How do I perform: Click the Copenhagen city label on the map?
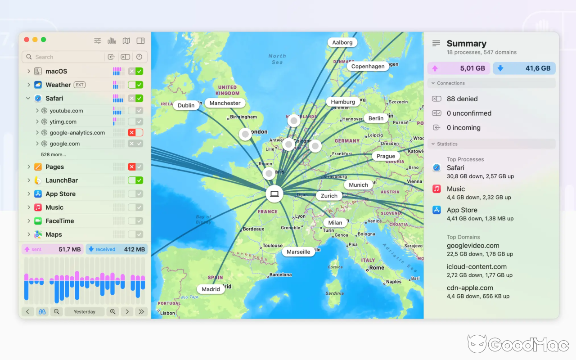click(x=368, y=66)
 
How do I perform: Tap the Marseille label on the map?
click(x=298, y=252)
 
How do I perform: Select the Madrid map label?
click(x=211, y=289)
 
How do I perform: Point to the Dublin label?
click(x=186, y=105)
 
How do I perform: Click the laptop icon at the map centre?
click(x=274, y=194)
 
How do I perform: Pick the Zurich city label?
click(x=329, y=196)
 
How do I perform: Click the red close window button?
click(x=27, y=40)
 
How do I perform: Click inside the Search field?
click(x=63, y=57)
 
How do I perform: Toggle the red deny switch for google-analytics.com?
click(x=135, y=133)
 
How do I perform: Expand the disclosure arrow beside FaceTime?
click(x=28, y=221)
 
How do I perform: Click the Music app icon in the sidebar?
click(x=38, y=207)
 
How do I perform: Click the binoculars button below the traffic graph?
click(x=42, y=312)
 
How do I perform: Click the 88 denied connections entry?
click(x=462, y=99)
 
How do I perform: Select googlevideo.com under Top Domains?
click(x=473, y=246)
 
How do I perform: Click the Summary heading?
click(x=466, y=44)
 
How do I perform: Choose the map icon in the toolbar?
click(x=126, y=41)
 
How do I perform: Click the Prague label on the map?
click(x=386, y=156)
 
